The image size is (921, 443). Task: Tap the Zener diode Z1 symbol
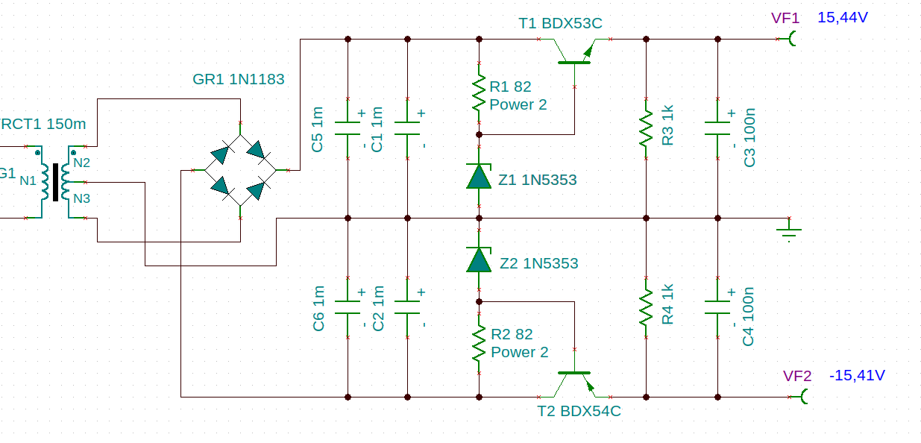(x=478, y=177)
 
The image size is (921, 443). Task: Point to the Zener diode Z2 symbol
(x=478, y=260)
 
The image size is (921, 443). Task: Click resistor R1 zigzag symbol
(x=479, y=95)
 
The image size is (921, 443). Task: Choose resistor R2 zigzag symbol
(x=479, y=343)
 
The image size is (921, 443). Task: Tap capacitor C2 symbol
(x=407, y=307)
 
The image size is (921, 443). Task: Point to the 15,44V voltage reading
(x=842, y=17)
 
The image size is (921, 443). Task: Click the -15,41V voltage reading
(x=857, y=375)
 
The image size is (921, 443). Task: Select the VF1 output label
(x=786, y=19)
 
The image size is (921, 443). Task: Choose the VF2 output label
(x=797, y=376)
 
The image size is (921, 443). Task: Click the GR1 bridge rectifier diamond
(x=240, y=170)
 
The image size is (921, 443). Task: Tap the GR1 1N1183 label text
(x=238, y=79)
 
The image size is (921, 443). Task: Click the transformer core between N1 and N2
(x=55, y=182)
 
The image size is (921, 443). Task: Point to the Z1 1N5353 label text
(x=538, y=180)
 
